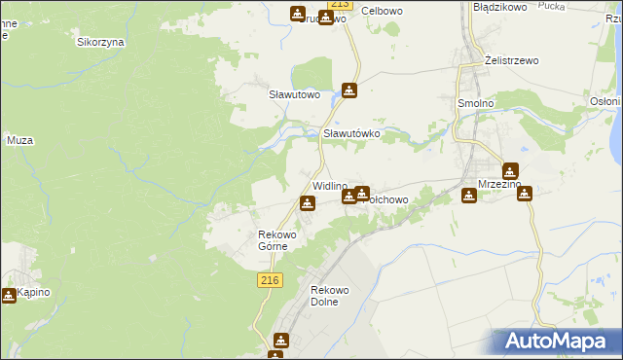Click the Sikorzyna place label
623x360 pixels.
(x=98, y=42)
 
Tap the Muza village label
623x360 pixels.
(x=20, y=140)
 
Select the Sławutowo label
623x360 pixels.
(x=295, y=94)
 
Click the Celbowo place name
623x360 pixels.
(x=382, y=11)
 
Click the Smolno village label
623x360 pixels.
(x=477, y=101)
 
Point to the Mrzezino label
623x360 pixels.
(x=500, y=185)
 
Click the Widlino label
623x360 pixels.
(x=329, y=186)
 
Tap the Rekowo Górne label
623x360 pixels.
(x=275, y=239)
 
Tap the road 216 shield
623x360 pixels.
(x=271, y=280)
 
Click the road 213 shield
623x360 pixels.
(x=338, y=5)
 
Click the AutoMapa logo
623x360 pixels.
(x=558, y=342)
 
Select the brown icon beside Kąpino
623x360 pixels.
(x=9, y=295)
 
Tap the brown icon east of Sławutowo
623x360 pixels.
(x=349, y=91)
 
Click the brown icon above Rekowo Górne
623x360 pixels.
(x=308, y=203)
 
